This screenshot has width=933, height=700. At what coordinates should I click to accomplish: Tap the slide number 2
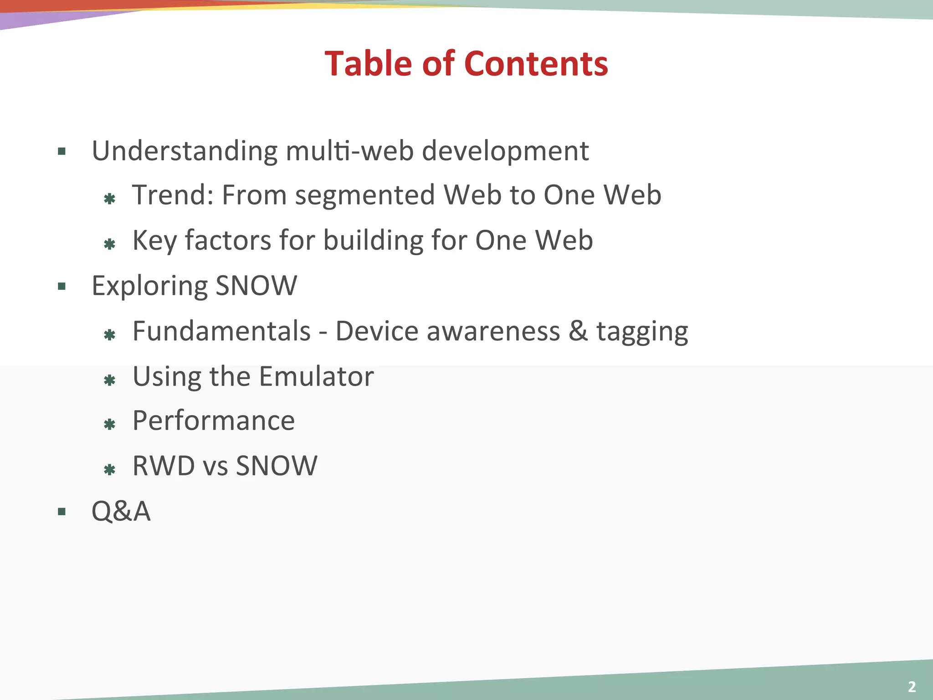pos(912,686)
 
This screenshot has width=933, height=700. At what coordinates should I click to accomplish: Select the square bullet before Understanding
pos(62,151)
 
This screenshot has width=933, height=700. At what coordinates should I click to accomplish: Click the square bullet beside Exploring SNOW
pos(62,286)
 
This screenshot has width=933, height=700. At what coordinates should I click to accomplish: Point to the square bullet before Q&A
pos(62,511)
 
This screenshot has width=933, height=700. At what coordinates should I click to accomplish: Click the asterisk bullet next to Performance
pos(109,425)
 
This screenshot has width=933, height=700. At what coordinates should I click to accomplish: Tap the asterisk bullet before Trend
pos(109,199)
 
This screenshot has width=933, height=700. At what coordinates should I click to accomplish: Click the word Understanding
pos(185,151)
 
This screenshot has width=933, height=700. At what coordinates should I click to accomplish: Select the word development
pos(505,151)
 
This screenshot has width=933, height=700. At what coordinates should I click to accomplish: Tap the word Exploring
pos(149,286)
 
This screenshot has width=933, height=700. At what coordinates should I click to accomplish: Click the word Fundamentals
pos(221,331)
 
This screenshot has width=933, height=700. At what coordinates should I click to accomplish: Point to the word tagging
pos(642,332)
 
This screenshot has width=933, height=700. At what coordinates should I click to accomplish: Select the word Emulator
pos(316,376)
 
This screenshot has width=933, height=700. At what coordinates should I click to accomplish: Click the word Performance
pos(213,420)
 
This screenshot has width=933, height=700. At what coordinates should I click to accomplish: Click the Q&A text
pos(121,511)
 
